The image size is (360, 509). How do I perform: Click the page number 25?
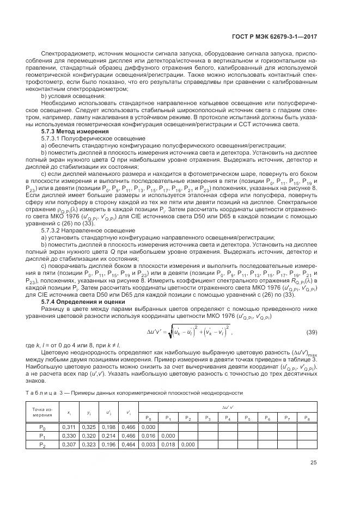click(x=313, y=479)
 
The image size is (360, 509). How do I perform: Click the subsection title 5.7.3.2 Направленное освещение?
click(x=81, y=230)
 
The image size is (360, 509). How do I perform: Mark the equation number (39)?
click(x=310, y=332)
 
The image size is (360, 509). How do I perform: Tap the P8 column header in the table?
click(x=306, y=418)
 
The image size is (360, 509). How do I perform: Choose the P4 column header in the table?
click(x=227, y=418)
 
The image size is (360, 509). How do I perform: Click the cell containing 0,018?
click(x=168, y=445)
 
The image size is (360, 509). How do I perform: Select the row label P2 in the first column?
click(x=42, y=445)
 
